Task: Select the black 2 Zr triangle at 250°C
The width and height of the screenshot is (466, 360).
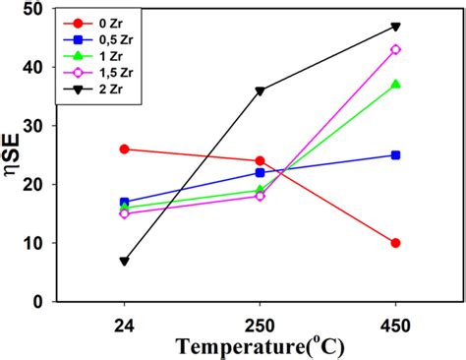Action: click(260, 90)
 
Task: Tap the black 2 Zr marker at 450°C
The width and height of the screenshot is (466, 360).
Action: click(396, 27)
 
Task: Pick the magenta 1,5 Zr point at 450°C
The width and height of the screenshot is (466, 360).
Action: click(396, 49)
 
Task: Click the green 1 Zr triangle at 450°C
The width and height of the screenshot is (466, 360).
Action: click(396, 85)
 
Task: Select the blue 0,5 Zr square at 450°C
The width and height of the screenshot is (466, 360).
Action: click(396, 154)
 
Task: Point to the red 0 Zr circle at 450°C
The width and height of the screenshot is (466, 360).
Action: click(396, 243)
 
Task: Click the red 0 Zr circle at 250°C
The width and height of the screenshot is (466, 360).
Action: click(260, 160)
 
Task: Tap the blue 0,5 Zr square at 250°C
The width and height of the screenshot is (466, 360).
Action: click(260, 172)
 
